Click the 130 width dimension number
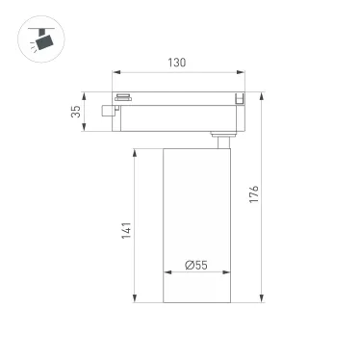(x=177, y=63)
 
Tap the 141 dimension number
(x=125, y=231)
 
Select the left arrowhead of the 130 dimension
(x=116, y=72)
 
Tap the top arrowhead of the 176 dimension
(x=260, y=94)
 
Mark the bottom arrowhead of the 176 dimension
(x=260, y=299)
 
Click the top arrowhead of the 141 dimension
(x=135, y=152)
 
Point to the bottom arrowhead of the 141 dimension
(x=135, y=299)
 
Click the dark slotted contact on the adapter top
(x=123, y=96)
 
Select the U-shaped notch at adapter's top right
(x=238, y=97)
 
